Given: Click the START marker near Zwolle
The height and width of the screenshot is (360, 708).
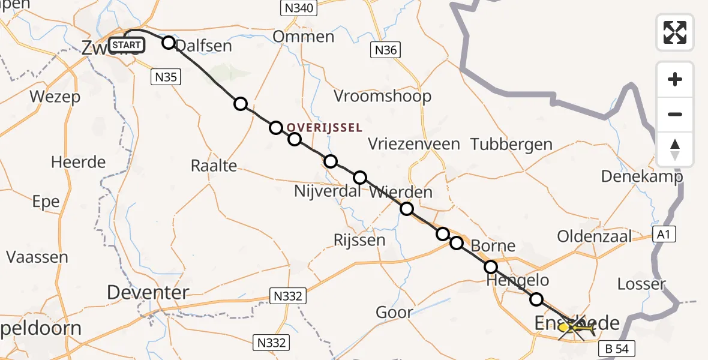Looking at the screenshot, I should click(x=127, y=45).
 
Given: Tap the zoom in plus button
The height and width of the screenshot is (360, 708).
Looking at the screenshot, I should click(x=675, y=79).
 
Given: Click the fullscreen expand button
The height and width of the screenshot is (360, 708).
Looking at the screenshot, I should click(x=675, y=32).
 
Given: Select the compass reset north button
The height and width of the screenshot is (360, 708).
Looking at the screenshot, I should click(x=675, y=149).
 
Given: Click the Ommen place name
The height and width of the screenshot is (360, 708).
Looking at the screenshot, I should click(x=303, y=37).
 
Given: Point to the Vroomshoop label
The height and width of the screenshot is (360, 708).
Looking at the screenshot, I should click(x=382, y=96).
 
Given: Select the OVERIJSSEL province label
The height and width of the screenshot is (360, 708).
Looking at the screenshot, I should click(x=324, y=127).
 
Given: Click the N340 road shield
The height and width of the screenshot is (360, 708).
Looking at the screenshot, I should click(x=298, y=8).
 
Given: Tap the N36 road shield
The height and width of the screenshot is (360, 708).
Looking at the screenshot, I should click(x=385, y=50).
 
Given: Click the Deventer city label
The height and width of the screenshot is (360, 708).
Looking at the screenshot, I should click(x=148, y=293).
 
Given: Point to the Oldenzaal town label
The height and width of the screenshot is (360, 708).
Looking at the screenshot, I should click(x=594, y=236).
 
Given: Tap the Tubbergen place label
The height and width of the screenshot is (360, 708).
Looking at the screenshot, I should click(x=511, y=144).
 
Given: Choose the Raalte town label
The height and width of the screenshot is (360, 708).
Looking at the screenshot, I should click(x=214, y=166).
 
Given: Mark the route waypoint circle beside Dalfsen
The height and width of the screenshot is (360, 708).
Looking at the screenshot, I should click(x=169, y=43).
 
